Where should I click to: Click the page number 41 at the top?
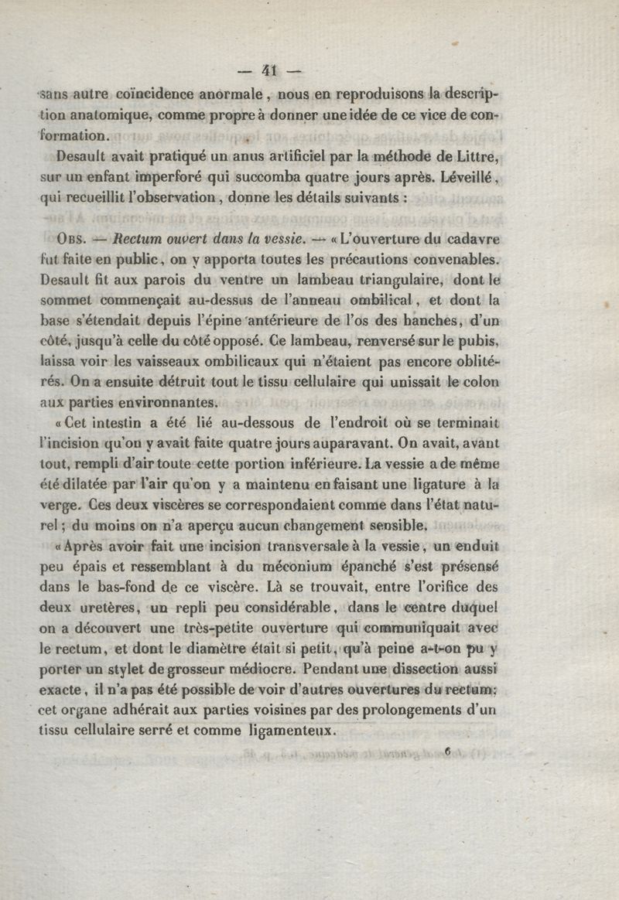point(269,71)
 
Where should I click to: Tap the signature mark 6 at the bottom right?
point(447,750)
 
